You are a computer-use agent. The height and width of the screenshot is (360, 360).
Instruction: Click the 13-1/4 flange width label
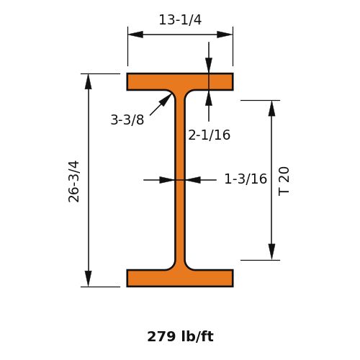coord(180,19)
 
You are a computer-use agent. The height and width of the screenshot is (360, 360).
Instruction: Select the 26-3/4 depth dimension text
coord(73,181)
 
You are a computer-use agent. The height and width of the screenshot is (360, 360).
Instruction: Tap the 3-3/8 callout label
coord(127,120)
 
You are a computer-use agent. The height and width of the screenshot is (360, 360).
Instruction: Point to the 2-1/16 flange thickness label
coord(209,135)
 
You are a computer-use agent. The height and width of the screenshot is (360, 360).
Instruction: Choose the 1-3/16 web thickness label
coord(246,179)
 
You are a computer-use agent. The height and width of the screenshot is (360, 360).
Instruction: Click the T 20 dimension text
coord(284,181)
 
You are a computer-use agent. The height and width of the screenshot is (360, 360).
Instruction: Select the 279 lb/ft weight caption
coord(180,336)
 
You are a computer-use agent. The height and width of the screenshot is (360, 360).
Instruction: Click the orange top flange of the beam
coord(180,81)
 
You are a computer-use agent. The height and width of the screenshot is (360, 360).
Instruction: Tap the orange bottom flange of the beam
coord(180,278)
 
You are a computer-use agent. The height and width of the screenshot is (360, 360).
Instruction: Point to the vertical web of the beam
coord(180,180)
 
